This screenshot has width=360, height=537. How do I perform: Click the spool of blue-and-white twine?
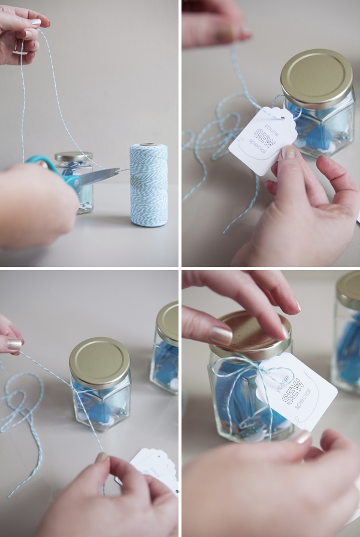[x=149, y=185]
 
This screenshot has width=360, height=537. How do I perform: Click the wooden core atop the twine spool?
[x=149, y=144]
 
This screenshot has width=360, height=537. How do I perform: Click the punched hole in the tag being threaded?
[x=282, y=118]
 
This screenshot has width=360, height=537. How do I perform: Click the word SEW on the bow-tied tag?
[x=293, y=391]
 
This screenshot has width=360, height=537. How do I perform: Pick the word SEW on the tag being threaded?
[x=264, y=138]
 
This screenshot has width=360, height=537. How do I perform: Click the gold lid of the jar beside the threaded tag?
[x=316, y=78]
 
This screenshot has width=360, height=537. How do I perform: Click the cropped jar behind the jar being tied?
[x=164, y=347]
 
